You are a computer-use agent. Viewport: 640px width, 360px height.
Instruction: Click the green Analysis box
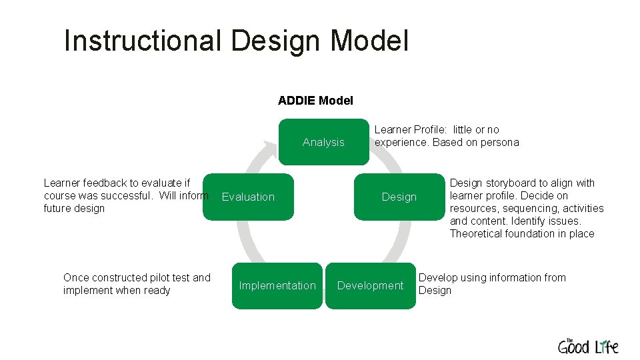[x=323, y=142]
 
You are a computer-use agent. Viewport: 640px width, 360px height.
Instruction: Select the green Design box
[x=399, y=197]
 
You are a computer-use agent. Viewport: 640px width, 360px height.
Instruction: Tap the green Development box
[x=370, y=285]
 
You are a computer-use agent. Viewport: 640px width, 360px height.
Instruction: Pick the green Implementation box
[x=277, y=285]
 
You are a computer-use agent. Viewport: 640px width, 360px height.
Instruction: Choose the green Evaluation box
[x=248, y=197]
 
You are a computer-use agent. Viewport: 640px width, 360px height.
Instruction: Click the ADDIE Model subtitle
[x=315, y=101]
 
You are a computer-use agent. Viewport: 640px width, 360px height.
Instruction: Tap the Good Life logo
[x=588, y=346]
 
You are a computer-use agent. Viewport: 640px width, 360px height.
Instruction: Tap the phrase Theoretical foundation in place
[x=521, y=234]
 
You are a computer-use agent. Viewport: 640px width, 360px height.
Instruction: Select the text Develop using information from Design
[x=491, y=284]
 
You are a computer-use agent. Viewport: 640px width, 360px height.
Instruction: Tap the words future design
[x=74, y=209]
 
